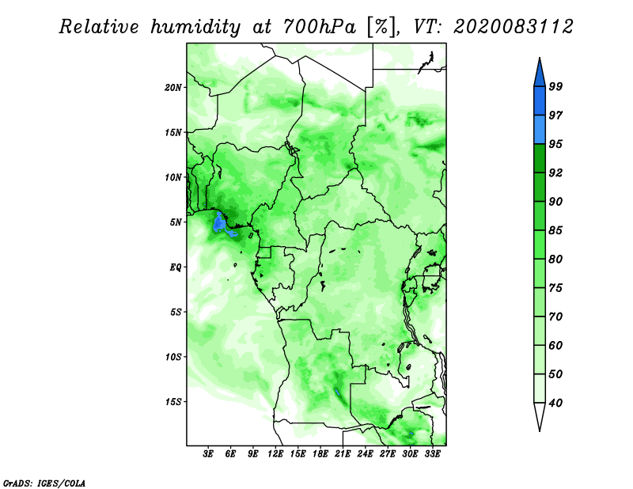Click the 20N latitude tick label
click(x=173, y=88)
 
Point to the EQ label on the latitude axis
click(x=176, y=267)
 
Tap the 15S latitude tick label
click(x=173, y=402)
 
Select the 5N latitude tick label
click(x=176, y=222)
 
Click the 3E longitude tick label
click(x=208, y=454)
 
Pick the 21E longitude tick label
click(x=343, y=454)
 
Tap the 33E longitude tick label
click(x=432, y=454)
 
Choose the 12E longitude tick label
click(x=275, y=454)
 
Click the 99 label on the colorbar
click(x=555, y=86)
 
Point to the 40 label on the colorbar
click(x=555, y=403)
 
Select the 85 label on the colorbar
click(x=555, y=230)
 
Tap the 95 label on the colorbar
click(x=555, y=144)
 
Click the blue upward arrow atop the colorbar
click(x=540, y=74)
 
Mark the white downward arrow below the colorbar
click(x=540, y=415)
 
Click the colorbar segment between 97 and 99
click(x=540, y=101)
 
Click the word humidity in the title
click(x=195, y=27)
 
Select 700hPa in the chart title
click(x=320, y=27)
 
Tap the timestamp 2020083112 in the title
click(x=513, y=27)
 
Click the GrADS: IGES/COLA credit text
click(x=44, y=483)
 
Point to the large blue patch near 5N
click(x=220, y=223)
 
